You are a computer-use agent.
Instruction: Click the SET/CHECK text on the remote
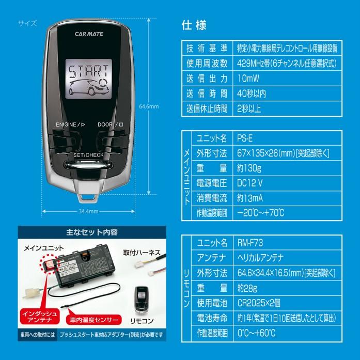click(x=89, y=155)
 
